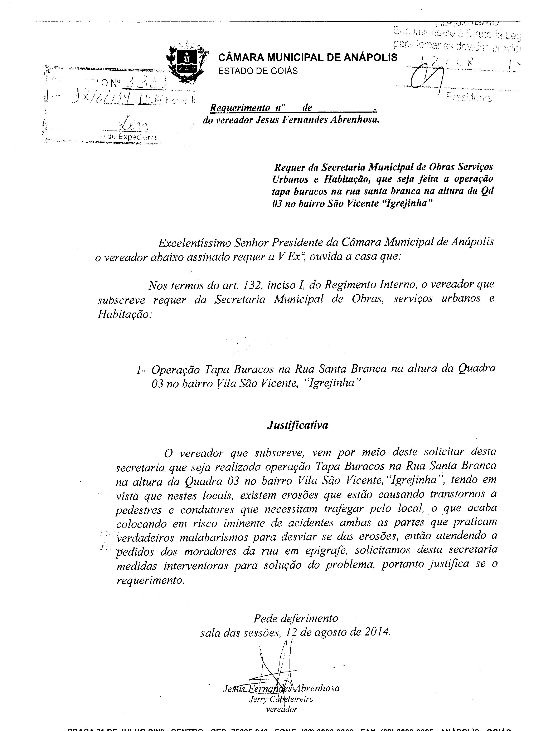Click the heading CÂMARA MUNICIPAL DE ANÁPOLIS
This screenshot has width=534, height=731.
click(x=308, y=58)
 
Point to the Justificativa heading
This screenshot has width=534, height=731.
click(x=297, y=425)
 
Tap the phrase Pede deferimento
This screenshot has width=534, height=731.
click(x=295, y=618)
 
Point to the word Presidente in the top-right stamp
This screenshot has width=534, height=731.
click(x=469, y=97)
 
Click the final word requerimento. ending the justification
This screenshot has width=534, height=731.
click(x=150, y=580)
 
